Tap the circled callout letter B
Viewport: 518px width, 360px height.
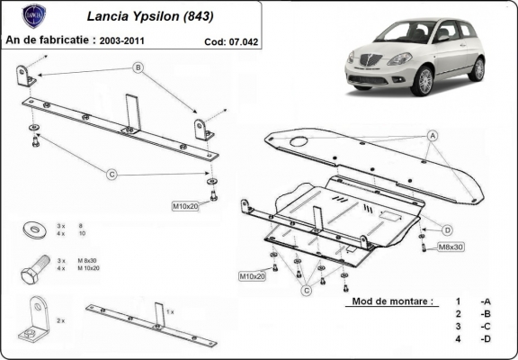tap(138, 67)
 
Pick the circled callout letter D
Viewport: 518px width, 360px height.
tap(446, 229)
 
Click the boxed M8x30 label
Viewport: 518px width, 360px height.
tap(450, 247)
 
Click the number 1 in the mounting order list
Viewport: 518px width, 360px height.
tap(458, 301)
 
